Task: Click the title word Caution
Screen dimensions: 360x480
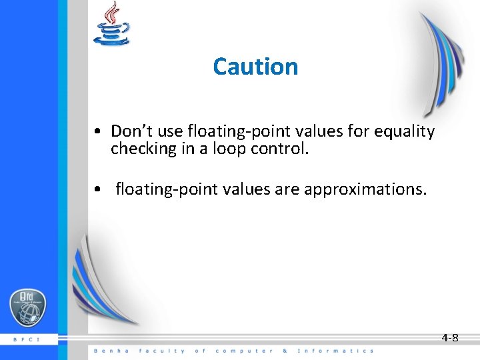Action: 255,67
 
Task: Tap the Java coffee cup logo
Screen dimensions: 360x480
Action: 111,25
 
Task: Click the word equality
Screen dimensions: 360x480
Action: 404,131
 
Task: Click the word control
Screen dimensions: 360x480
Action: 280,149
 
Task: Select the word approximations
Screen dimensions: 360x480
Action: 365,189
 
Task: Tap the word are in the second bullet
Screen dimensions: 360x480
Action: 289,189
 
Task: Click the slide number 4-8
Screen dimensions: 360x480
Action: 450,338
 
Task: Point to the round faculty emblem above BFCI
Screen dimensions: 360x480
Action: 27,309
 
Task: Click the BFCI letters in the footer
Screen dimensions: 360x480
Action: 27,339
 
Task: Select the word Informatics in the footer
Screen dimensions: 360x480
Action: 335,351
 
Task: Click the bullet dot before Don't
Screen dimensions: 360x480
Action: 97,132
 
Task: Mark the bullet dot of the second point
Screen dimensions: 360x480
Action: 97,190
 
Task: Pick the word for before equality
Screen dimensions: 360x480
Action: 358,131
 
